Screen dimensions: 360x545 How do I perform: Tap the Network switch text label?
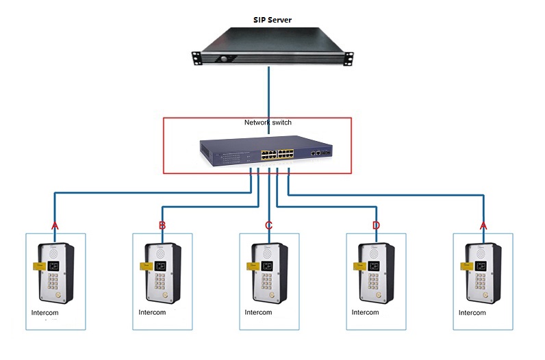point(268,123)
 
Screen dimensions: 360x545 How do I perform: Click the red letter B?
point(162,225)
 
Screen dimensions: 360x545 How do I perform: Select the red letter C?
point(269,225)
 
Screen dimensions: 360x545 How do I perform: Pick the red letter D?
point(376,225)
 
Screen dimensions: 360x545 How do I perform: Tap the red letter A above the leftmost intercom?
point(55,225)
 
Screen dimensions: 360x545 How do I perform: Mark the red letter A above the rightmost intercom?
point(483,225)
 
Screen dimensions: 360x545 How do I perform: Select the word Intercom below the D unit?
point(366,313)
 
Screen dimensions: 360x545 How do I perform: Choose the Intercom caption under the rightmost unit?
point(472,313)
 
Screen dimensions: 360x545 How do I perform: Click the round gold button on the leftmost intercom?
point(60,296)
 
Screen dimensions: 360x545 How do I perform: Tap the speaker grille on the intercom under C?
point(269,251)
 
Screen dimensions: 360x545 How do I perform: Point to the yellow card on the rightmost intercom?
point(465,265)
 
